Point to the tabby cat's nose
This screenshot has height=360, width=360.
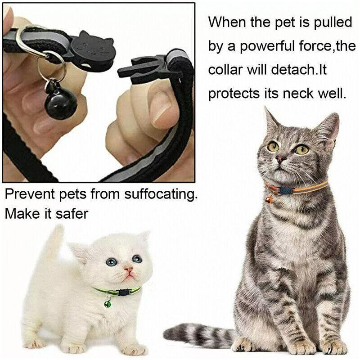click(281, 158)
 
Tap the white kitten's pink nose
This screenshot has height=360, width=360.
click(129, 270)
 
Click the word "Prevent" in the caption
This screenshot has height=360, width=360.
click(30, 195)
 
